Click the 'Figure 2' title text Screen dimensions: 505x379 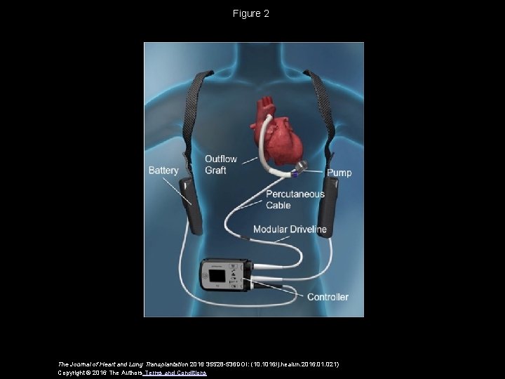point(251,13)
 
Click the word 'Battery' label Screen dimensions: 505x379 point(163,171)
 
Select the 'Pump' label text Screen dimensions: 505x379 point(339,173)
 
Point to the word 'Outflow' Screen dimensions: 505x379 point(221,159)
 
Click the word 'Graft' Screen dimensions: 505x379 point(216,171)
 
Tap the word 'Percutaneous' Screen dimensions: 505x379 point(295,194)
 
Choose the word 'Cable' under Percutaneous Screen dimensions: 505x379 point(278,205)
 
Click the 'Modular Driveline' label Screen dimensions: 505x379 point(290,230)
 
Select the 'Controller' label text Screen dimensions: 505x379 point(328,297)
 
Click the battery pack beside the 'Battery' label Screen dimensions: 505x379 point(191,206)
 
